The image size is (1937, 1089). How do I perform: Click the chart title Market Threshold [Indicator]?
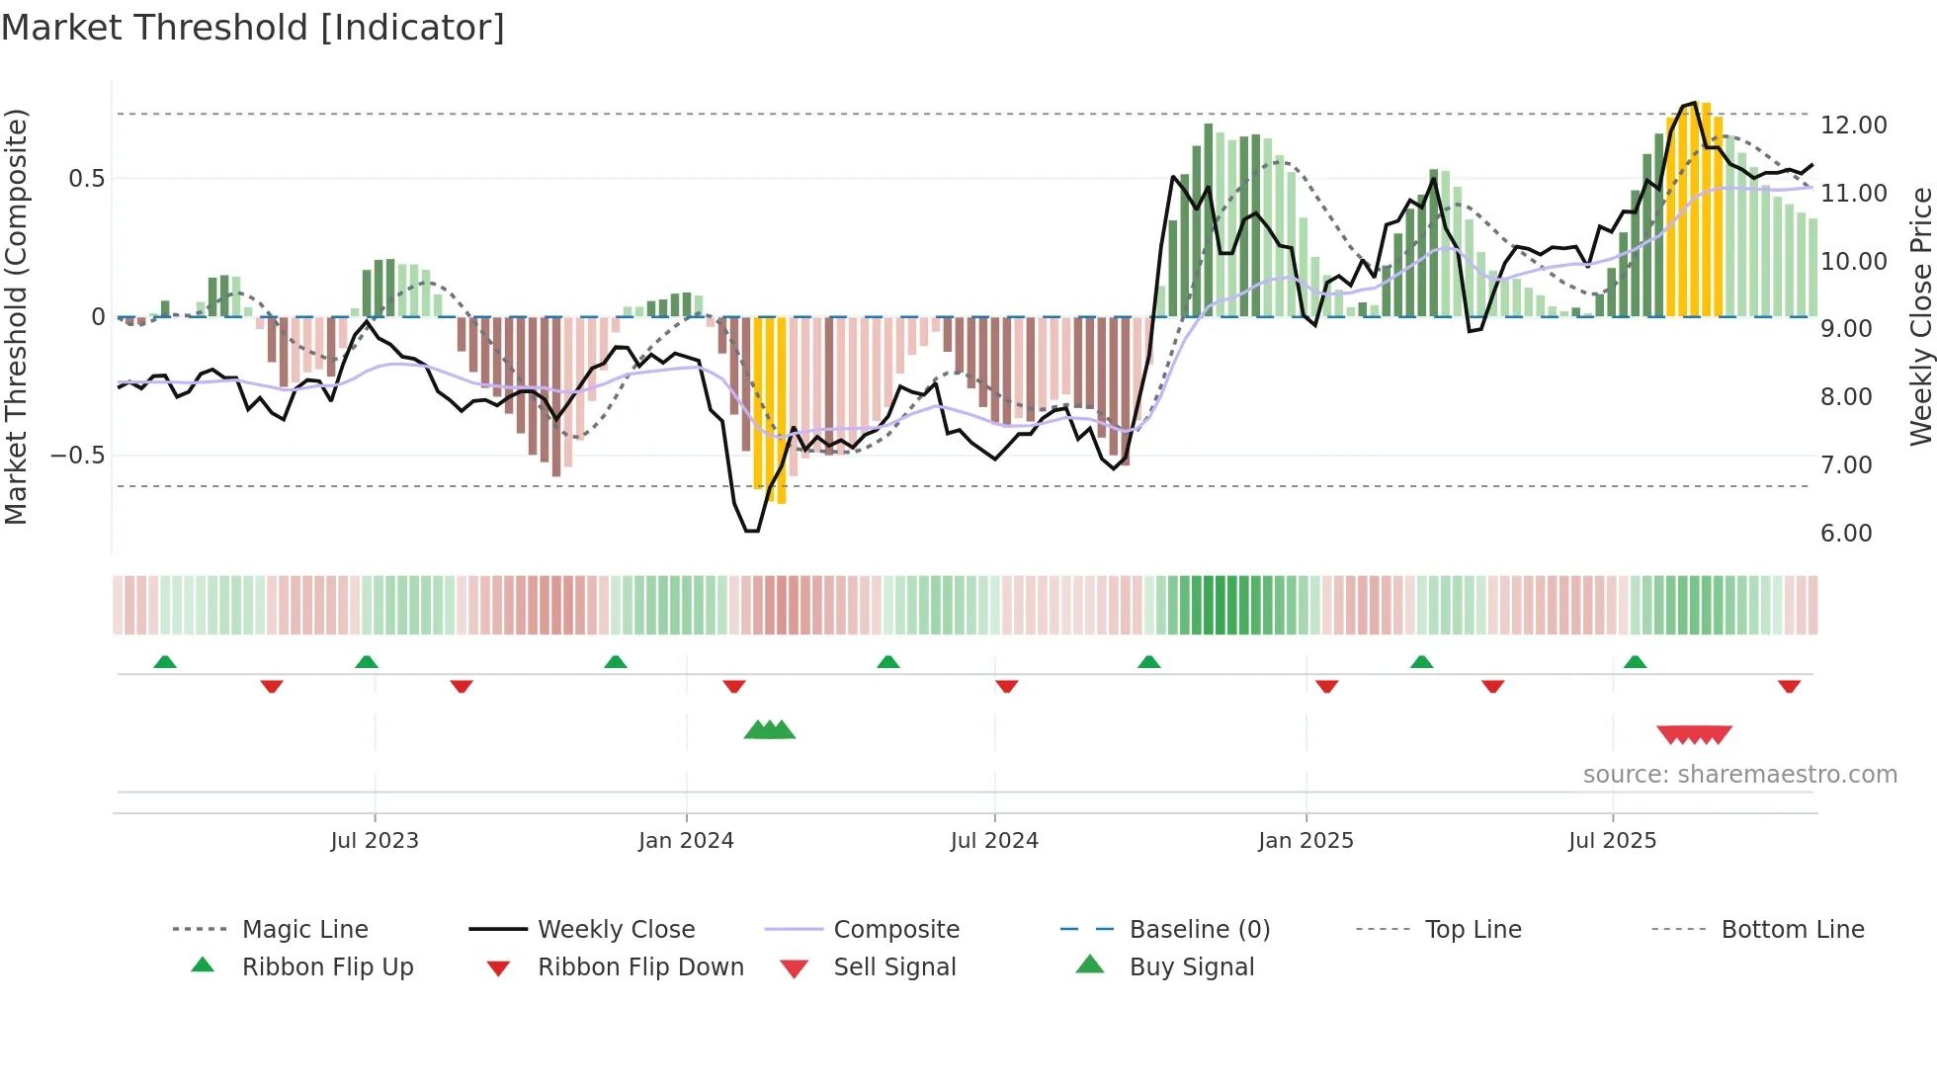(253, 28)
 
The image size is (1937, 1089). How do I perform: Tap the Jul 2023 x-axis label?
(375, 841)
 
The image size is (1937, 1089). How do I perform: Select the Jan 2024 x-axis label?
(686, 841)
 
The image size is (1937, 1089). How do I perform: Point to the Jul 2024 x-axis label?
(994, 841)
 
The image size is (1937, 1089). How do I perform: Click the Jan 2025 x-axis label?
(1305, 841)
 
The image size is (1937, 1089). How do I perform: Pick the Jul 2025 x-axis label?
(1612, 841)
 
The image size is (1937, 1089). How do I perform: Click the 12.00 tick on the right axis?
(1853, 126)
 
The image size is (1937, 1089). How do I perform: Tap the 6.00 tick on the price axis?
(1846, 534)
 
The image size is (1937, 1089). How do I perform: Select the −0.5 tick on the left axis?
(78, 456)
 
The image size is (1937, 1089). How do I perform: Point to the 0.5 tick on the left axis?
(86, 179)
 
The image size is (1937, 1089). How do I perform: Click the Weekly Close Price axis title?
(1920, 316)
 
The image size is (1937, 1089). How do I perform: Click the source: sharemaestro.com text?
(1739, 775)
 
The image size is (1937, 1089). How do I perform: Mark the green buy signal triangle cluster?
(770, 730)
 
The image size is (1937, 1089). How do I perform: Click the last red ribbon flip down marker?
(1789, 686)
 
